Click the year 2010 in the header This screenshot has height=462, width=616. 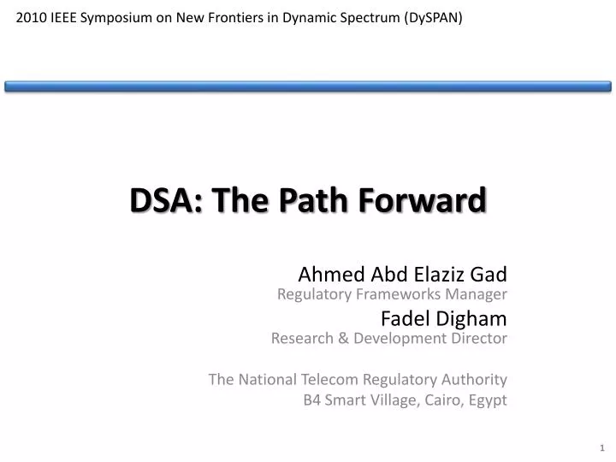(32, 17)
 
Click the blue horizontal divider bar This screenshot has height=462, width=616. (308, 86)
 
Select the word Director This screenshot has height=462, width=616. (479, 338)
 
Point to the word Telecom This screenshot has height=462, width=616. (329, 379)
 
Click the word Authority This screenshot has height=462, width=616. (477, 379)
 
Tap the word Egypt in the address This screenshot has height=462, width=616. (487, 400)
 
